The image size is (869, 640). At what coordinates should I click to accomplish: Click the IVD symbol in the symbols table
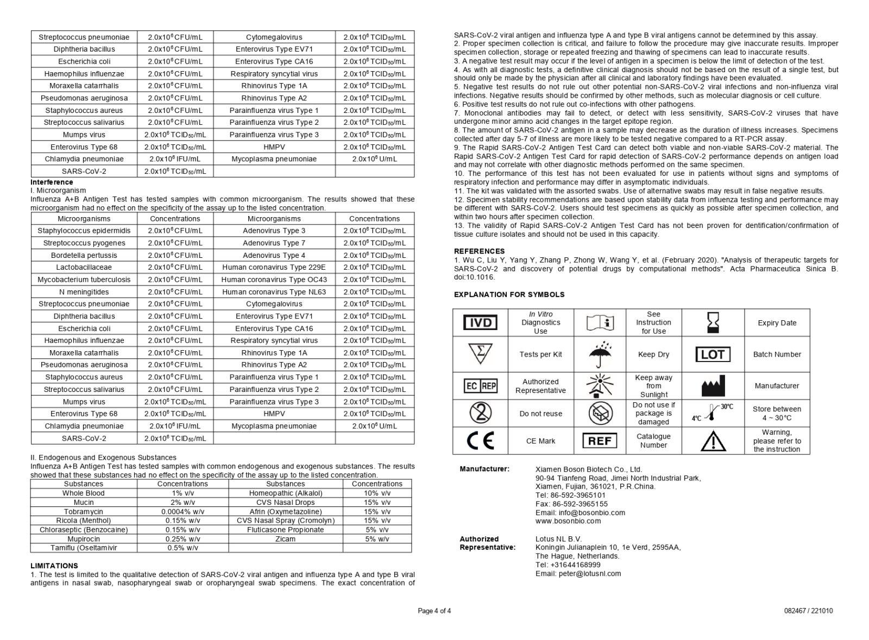(480, 323)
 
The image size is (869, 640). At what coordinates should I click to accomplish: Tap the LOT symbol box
(713, 354)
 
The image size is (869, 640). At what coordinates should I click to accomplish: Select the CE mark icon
(480, 441)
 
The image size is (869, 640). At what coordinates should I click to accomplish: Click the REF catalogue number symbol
(600, 441)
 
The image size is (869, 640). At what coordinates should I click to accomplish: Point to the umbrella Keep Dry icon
(600, 354)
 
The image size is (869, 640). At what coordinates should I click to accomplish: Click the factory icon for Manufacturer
(713, 386)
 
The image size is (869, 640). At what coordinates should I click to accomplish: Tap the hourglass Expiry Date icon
(713, 322)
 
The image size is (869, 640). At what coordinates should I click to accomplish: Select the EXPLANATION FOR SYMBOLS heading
(509, 295)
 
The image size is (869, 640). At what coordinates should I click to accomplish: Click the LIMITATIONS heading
(54, 566)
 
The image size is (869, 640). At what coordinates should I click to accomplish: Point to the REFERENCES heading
(479, 251)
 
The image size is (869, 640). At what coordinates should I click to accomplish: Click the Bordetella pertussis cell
(84, 255)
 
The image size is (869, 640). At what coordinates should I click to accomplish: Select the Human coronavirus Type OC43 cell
(274, 280)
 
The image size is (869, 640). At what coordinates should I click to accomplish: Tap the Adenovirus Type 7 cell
(274, 243)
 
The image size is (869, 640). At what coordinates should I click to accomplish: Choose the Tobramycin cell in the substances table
(84, 511)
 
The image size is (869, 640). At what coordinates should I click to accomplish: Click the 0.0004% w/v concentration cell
(182, 511)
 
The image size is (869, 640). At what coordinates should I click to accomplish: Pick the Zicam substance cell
(285, 539)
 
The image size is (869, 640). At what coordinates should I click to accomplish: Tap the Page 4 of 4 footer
(434, 611)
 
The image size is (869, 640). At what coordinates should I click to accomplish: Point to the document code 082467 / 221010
(808, 611)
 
